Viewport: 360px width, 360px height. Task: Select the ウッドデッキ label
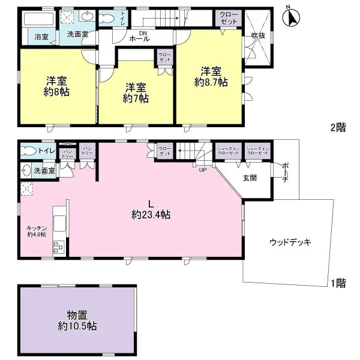(x=290, y=242)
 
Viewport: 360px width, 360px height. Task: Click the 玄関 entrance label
(x=250, y=178)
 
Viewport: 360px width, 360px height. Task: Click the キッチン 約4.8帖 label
(x=37, y=231)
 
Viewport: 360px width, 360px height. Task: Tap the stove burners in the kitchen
(x=59, y=247)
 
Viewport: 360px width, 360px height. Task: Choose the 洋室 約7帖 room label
(x=136, y=92)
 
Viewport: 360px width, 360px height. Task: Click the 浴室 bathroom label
(x=41, y=37)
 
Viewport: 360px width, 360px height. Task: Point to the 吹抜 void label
(x=257, y=35)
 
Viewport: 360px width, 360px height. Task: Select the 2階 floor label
(x=338, y=127)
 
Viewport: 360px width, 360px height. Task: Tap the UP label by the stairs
(x=202, y=169)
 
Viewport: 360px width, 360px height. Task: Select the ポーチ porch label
(x=284, y=172)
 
